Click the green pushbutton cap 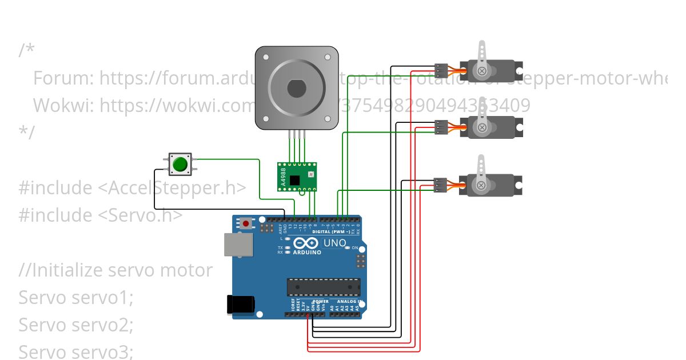(180, 164)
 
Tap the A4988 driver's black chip (294, 180)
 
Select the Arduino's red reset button (246, 223)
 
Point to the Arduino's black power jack (240, 304)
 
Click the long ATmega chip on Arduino (324, 287)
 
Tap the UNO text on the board (335, 243)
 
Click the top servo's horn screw (482, 71)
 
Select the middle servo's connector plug (441, 127)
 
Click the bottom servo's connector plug (441, 185)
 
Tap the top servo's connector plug (441, 70)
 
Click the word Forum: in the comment (63, 78)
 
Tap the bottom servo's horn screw (482, 185)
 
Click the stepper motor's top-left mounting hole (266, 57)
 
